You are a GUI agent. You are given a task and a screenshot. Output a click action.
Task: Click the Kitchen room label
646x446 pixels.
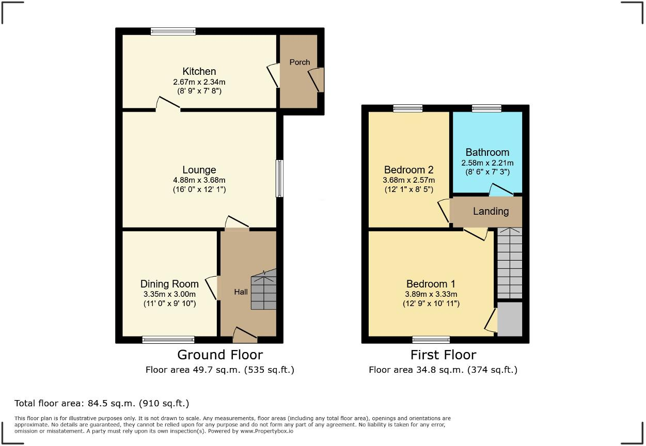pyautogui.click(x=199, y=71)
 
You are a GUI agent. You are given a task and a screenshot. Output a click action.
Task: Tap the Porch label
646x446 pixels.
pyautogui.click(x=300, y=62)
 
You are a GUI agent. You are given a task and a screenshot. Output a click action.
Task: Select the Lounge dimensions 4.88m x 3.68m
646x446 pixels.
pyautogui.click(x=199, y=180)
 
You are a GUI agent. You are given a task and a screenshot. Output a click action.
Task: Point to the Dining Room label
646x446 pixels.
pyautogui.click(x=169, y=284)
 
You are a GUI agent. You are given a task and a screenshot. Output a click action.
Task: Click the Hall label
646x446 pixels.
pyautogui.click(x=241, y=292)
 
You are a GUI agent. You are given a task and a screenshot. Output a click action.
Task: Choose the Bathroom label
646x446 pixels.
pyautogui.click(x=487, y=152)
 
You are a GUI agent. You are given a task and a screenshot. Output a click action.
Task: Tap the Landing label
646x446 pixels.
pyautogui.click(x=491, y=211)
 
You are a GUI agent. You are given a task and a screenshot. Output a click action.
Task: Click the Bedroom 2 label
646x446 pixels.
pyautogui.click(x=408, y=170)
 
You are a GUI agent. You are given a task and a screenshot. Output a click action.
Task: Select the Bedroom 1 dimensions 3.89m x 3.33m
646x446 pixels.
pyautogui.click(x=431, y=294)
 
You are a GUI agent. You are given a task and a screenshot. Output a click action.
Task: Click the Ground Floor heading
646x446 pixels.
pyautogui.click(x=219, y=355)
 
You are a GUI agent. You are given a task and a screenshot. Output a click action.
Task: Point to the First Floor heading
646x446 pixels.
pyautogui.click(x=443, y=355)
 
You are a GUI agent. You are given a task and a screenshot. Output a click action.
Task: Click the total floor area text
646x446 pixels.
pyautogui.click(x=102, y=403)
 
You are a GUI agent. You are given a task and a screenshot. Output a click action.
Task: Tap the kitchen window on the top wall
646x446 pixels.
pyautogui.click(x=173, y=31)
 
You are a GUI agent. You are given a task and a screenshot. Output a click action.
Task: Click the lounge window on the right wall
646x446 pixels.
pyautogui.click(x=279, y=178)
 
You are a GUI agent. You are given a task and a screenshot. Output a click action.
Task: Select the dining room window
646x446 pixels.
pyautogui.click(x=168, y=339)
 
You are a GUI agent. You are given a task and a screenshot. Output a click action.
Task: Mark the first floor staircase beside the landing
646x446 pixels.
pyautogui.click(x=509, y=263)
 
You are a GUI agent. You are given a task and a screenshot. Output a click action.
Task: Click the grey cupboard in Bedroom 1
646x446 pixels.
pyautogui.click(x=510, y=319)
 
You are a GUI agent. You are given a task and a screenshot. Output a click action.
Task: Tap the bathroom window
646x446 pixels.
pyautogui.click(x=486, y=108)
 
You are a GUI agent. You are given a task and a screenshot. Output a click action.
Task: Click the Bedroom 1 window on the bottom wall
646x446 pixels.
pyautogui.click(x=431, y=339)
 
